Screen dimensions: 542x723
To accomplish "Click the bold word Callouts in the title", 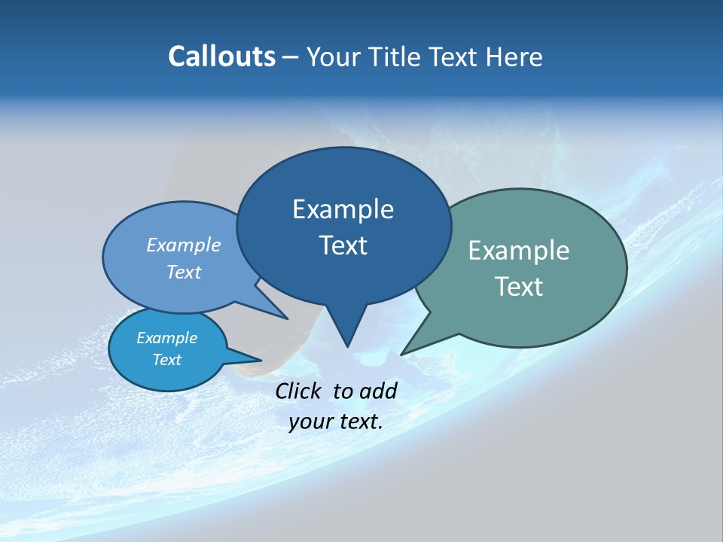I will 221,56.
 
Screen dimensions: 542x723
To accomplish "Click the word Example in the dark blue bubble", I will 343,209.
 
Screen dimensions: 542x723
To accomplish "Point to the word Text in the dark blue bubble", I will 343,245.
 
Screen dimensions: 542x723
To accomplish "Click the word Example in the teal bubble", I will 519,251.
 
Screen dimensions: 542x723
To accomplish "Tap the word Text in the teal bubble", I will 519,286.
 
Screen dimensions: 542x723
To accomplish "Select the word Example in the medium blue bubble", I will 184,245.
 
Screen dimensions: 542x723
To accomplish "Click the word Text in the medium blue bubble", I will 184,272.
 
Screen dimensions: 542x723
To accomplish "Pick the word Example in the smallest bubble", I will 166,338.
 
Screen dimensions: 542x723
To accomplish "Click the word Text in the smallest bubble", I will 166,360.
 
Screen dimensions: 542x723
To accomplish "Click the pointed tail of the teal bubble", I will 410,347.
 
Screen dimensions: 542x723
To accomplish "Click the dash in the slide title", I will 291,56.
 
